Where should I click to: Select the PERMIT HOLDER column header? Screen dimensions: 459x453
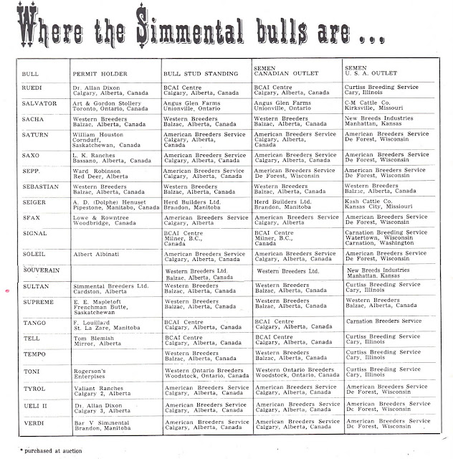coord(97,74)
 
